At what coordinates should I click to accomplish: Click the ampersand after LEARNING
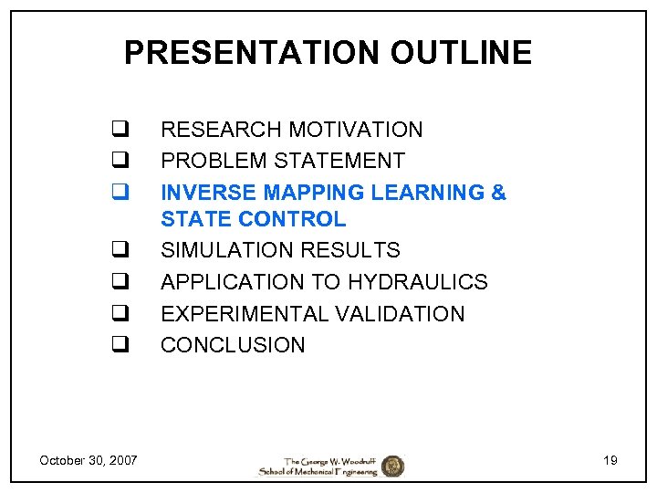tap(498, 193)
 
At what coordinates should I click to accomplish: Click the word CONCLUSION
tap(233, 345)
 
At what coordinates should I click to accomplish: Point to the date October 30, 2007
tap(89, 460)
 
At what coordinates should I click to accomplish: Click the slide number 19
tap(610, 460)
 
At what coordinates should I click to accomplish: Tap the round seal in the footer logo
tap(392, 466)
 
